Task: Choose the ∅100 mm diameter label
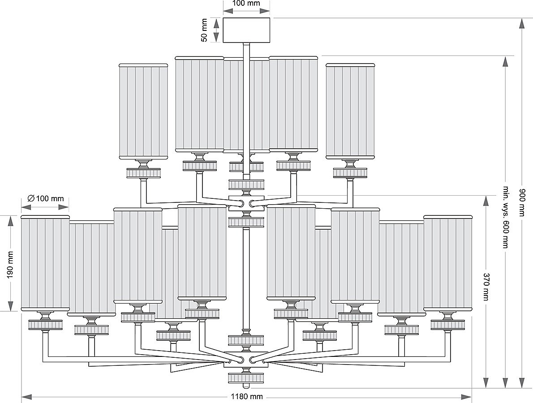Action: tap(46, 198)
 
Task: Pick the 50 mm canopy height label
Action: tap(204, 30)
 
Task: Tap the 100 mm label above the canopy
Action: tap(246, 3)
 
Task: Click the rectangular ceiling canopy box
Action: tap(247, 30)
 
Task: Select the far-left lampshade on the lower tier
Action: tap(45, 263)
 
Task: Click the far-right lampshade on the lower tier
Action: tap(447, 263)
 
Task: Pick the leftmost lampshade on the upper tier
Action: tap(143, 111)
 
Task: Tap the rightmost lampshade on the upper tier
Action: tap(350, 111)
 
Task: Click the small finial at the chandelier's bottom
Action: tap(246, 386)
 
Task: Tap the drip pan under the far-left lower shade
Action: tap(45, 325)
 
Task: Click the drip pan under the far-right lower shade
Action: tap(447, 325)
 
